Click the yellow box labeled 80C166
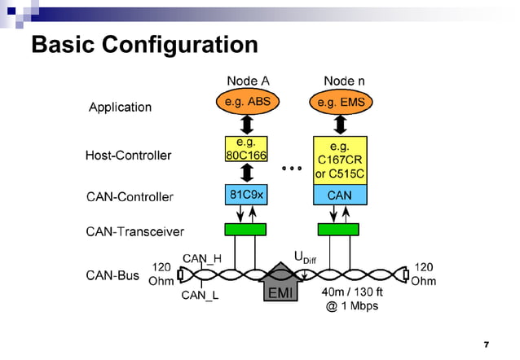click(245, 149)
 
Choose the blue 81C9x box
click(245, 195)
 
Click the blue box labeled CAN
click(340, 195)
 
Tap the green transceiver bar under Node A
click(245, 230)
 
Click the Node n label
click(339, 81)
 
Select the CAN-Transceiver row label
click(134, 231)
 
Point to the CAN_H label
click(201, 258)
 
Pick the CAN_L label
click(200, 296)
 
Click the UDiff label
click(304, 257)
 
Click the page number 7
click(486, 344)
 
